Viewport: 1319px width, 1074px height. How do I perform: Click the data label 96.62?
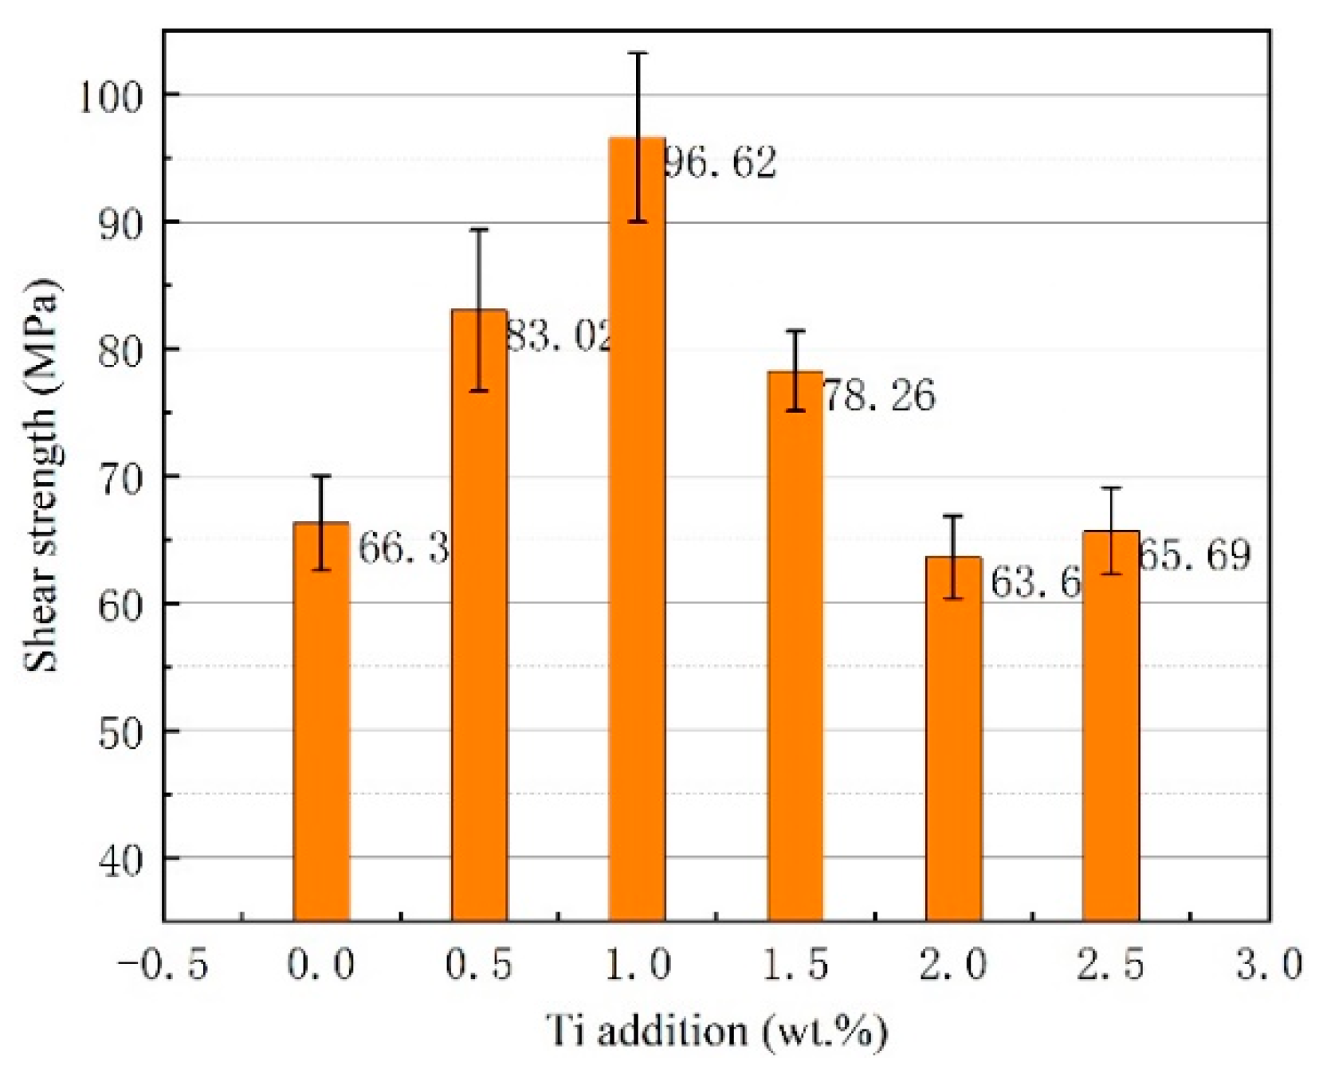point(720,163)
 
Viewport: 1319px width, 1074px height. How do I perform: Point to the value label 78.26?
point(878,395)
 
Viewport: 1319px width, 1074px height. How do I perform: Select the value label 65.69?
point(1194,555)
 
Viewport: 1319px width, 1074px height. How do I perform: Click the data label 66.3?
point(403,548)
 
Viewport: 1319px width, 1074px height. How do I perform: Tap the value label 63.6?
point(1034,582)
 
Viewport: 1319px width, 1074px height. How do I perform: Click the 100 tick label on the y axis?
point(110,97)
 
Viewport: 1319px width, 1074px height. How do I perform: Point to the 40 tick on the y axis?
point(120,860)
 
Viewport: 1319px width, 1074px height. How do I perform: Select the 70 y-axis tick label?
point(120,479)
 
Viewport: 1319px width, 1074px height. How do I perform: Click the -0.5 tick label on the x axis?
point(163,965)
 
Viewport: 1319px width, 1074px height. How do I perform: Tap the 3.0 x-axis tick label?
point(1269,965)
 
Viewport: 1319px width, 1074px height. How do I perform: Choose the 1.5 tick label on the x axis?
point(795,965)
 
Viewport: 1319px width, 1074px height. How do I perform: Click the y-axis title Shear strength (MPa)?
point(41,476)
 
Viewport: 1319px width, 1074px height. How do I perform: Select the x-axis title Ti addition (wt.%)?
point(716,1031)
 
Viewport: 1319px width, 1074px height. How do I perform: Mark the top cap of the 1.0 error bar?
point(638,53)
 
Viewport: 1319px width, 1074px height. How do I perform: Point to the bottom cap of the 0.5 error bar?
point(479,390)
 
